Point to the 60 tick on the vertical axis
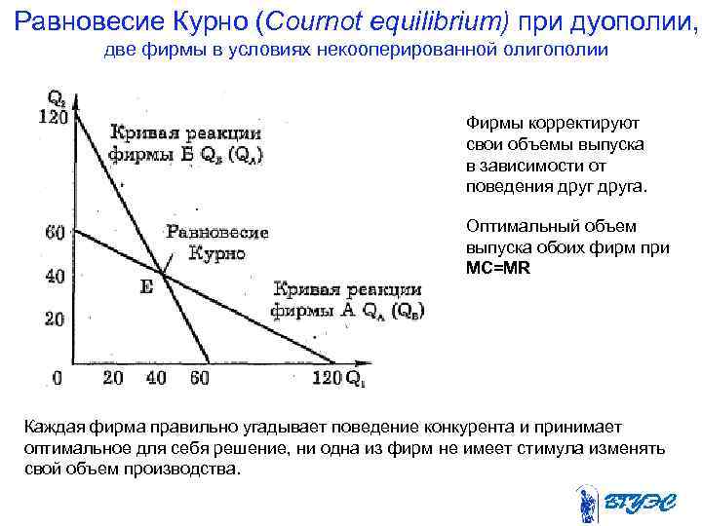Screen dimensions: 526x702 pyautogui.click(x=56, y=232)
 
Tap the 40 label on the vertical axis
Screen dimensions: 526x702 pyautogui.click(x=56, y=277)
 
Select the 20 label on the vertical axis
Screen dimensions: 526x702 pyautogui.click(x=56, y=319)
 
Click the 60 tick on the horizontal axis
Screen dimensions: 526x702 pyautogui.click(x=199, y=377)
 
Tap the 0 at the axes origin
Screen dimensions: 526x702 pyautogui.click(x=58, y=377)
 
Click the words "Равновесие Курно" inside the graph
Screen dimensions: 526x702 pyautogui.click(x=216, y=243)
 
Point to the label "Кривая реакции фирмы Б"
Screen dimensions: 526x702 pyautogui.click(x=185, y=143)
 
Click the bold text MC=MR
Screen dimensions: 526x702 pyautogui.click(x=498, y=266)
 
